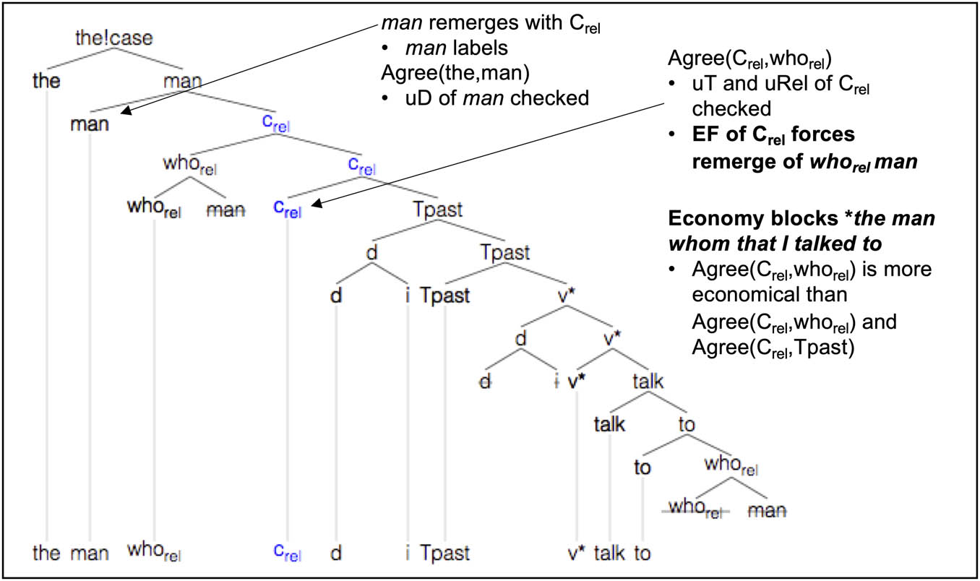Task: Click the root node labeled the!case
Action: (113, 38)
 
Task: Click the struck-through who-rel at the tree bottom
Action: (695, 508)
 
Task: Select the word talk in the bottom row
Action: (609, 553)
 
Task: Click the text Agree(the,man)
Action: (455, 72)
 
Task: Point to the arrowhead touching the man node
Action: (126, 111)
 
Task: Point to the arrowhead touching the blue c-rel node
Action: (317, 204)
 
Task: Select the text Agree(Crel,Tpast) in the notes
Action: (773, 348)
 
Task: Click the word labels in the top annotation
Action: (481, 48)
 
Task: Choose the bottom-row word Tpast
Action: (445, 553)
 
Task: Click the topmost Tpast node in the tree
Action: (438, 209)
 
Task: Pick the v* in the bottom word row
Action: (577, 554)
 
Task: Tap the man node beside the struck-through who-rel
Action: (767, 511)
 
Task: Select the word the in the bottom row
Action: (46, 553)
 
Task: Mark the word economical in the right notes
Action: (770, 294)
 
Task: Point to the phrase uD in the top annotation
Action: (418, 98)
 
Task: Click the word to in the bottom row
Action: (642, 554)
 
